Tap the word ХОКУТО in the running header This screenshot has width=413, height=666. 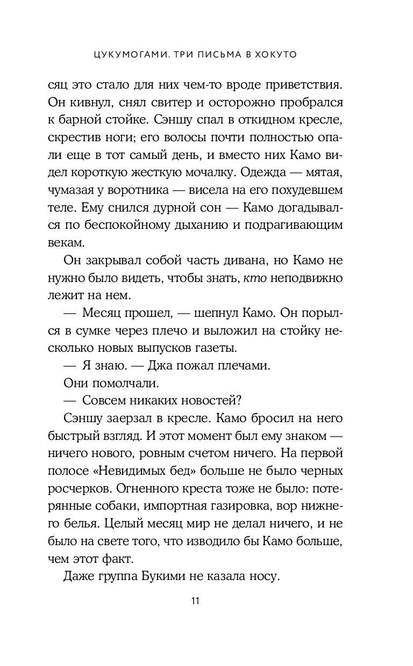click(278, 55)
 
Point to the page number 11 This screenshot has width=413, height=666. click(195, 600)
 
